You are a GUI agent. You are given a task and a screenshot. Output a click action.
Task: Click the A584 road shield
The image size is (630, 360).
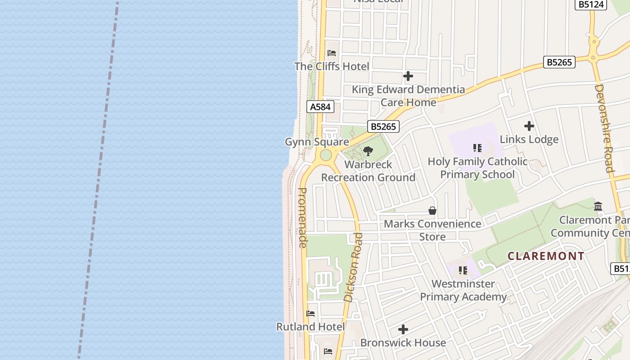320,107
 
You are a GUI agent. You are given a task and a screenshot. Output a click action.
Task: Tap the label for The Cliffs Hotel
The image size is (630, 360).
332,67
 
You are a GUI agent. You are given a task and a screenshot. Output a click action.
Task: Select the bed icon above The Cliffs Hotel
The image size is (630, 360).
332,53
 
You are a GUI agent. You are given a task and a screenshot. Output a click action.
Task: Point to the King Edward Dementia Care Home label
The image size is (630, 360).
408,96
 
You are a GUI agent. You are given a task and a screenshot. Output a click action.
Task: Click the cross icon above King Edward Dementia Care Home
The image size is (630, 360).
408,76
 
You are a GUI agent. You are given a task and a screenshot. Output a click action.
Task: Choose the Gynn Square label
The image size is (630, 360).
317,142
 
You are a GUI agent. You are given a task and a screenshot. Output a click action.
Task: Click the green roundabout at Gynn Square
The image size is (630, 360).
326,155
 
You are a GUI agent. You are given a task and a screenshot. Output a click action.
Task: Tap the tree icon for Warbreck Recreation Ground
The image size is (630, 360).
368,151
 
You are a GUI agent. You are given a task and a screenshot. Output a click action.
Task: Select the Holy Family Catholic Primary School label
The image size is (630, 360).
477,168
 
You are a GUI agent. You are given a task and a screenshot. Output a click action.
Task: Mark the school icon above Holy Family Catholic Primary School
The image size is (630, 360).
477,148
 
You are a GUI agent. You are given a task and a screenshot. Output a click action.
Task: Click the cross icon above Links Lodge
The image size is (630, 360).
529,126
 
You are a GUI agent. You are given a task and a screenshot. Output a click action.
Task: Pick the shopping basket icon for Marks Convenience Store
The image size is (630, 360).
432,211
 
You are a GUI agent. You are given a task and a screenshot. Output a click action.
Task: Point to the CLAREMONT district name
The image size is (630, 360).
546,256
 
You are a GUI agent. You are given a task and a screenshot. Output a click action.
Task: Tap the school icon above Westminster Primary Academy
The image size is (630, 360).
463,270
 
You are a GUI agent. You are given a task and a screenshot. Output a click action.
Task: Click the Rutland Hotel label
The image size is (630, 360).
310,327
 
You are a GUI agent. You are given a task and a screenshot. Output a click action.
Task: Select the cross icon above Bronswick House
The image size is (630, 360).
403,329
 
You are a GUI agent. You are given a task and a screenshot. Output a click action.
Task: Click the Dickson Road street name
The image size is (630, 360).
353,267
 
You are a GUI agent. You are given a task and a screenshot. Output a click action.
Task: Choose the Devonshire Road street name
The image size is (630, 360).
604,128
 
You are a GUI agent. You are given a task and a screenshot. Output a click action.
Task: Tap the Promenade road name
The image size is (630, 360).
303,217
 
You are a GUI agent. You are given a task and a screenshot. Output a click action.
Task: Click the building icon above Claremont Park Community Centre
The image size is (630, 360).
598,207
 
